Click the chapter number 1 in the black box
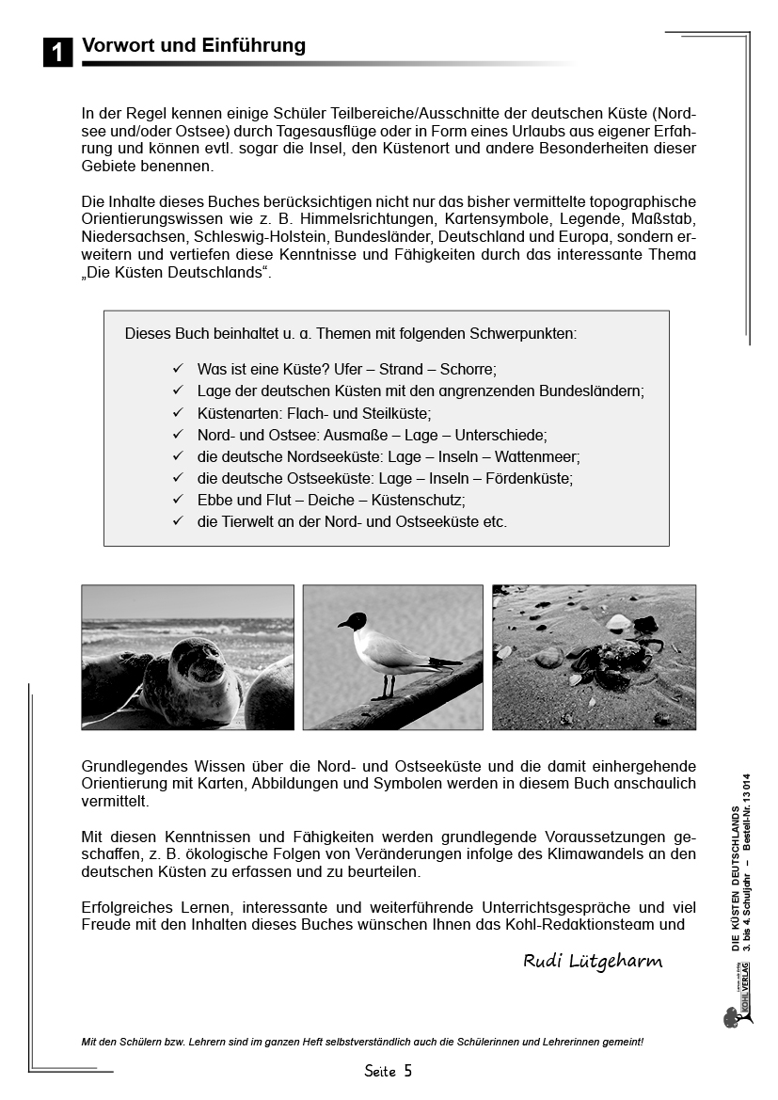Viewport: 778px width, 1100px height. tap(57, 53)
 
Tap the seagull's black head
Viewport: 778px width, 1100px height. tap(353, 622)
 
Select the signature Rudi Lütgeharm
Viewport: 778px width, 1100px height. tap(593, 961)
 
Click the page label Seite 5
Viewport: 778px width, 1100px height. tap(388, 1071)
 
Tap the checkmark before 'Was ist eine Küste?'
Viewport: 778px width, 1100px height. tap(178, 369)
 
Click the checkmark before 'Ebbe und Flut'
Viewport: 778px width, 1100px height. tap(178, 499)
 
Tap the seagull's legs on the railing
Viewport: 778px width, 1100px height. tap(385, 686)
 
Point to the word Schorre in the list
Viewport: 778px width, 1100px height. tap(467, 369)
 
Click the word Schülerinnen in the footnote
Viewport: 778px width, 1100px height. tap(500, 1042)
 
